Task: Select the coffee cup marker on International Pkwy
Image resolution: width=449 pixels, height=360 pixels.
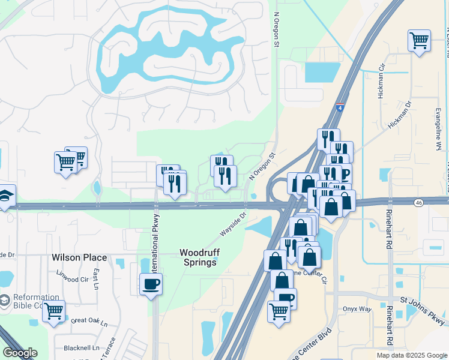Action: click(x=151, y=283)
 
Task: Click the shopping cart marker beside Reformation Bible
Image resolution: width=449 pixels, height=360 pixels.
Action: click(x=53, y=311)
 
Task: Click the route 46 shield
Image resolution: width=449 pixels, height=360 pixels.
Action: click(x=418, y=203)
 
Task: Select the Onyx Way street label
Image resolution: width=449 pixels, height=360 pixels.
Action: click(x=358, y=309)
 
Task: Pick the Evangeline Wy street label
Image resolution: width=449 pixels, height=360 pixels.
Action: click(x=438, y=129)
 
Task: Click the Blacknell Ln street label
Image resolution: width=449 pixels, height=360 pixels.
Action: click(x=82, y=347)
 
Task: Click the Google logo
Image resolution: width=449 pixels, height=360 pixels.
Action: click(x=20, y=353)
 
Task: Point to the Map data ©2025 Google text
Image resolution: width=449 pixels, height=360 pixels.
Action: click(x=411, y=355)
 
